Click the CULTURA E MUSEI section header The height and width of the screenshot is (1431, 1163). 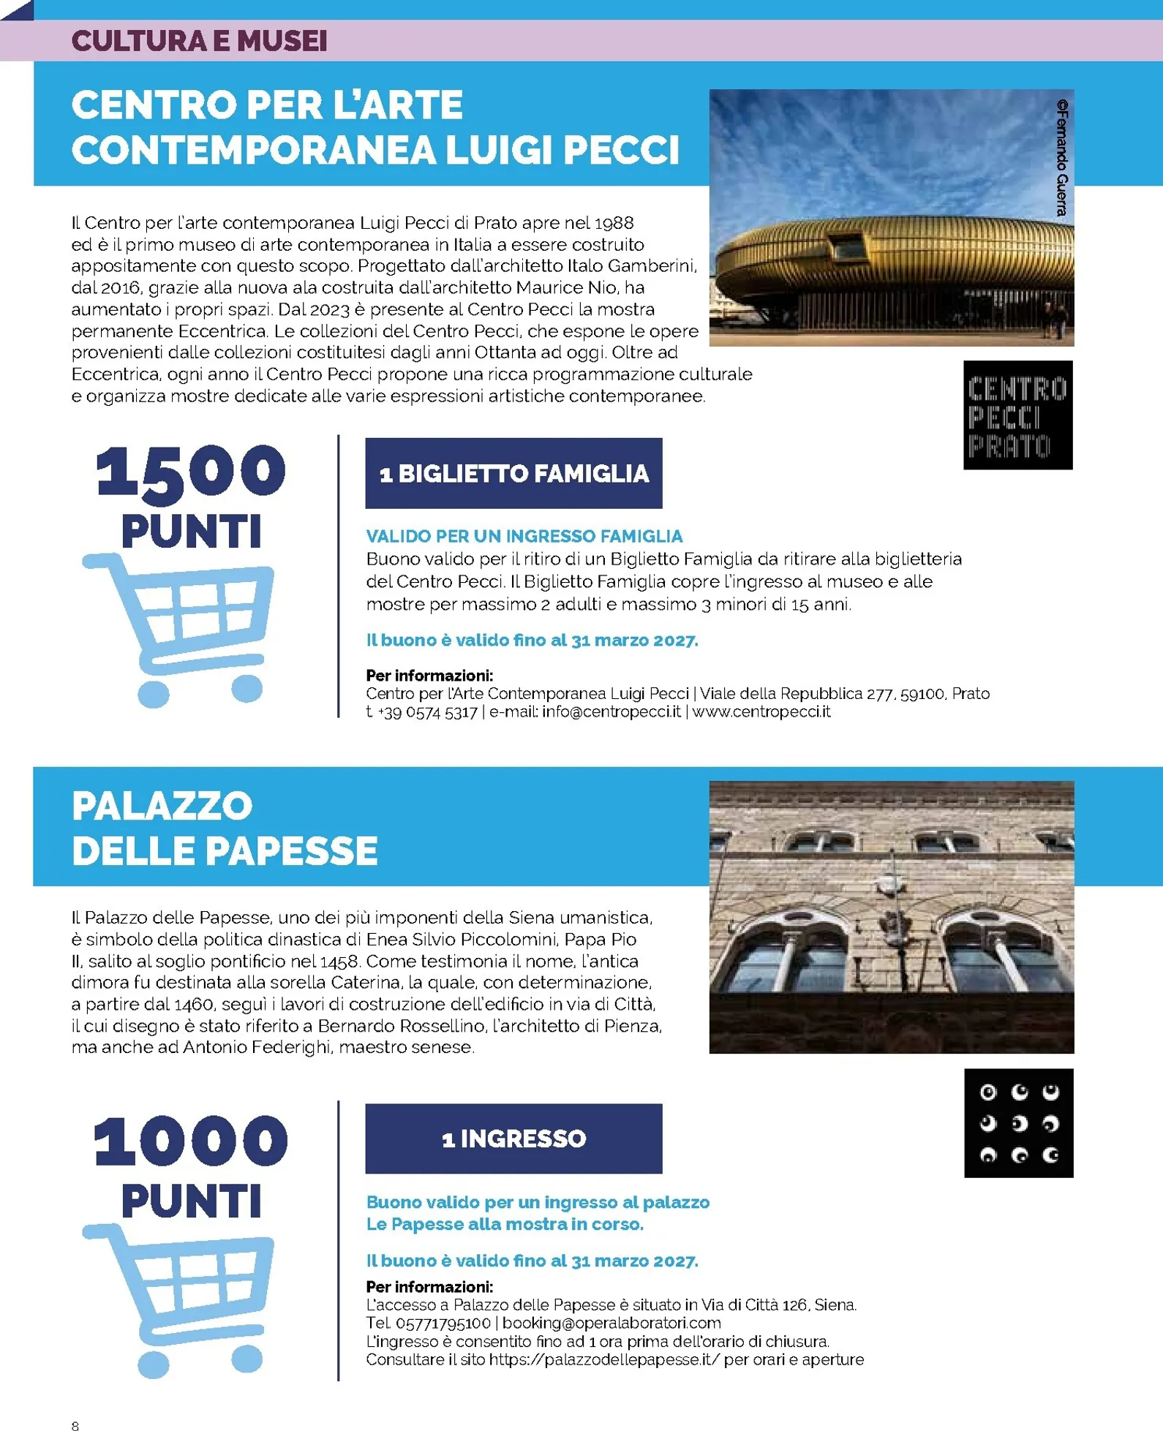pyautogui.click(x=199, y=41)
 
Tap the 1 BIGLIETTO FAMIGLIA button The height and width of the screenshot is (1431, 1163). pyautogui.click(x=513, y=474)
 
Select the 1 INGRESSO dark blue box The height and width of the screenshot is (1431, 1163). pyautogui.click(x=513, y=1139)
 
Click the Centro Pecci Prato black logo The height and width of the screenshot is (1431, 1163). pyautogui.click(x=1017, y=415)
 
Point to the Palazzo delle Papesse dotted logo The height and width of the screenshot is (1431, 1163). pyautogui.click(x=1018, y=1123)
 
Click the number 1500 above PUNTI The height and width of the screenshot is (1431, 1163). pyautogui.click(x=190, y=472)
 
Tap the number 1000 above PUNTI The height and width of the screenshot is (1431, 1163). pyautogui.click(x=190, y=1141)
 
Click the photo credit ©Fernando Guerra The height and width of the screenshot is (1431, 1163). pyautogui.click(x=1061, y=158)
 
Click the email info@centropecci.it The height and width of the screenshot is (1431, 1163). pyautogui.click(x=611, y=712)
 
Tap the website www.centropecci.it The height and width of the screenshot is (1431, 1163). pyautogui.click(x=761, y=712)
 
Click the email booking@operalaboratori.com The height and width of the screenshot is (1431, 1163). pyautogui.click(x=611, y=1323)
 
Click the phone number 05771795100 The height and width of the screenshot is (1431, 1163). pyautogui.click(x=443, y=1324)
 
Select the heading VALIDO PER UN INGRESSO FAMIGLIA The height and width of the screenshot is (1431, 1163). pyautogui.click(x=524, y=536)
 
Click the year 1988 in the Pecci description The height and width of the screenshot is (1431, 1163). pyautogui.click(x=614, y=223)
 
